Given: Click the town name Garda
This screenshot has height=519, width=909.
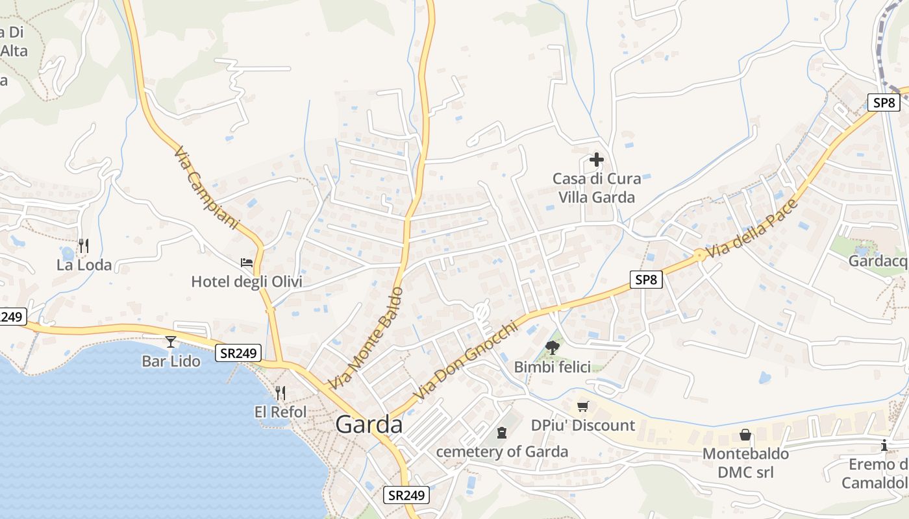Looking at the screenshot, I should coord(369,424).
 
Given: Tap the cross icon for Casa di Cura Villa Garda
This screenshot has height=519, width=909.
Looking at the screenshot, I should coord(596,159).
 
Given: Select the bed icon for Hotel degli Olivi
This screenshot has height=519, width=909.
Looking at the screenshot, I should coord(247,263).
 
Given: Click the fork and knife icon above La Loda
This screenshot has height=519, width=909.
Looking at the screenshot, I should coord(83,245).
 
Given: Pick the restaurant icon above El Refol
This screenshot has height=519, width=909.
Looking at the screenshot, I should coord(280,392).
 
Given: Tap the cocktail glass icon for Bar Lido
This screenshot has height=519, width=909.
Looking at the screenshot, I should coord(171,341).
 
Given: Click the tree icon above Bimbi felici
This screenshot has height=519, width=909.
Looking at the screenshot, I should coord(552,348).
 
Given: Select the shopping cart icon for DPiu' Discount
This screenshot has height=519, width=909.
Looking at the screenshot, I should coord(582,406).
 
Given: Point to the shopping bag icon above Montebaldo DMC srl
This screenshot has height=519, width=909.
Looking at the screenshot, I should coord(745,435).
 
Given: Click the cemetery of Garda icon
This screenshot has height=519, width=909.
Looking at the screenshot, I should coord(501,432).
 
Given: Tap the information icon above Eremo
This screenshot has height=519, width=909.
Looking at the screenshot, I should coord(884,446).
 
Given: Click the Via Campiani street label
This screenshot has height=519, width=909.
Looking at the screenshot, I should coord(206,188).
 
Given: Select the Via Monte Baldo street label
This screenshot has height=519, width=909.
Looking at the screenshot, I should coord(367,338).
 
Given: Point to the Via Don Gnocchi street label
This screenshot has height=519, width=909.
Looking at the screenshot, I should coord(467,361).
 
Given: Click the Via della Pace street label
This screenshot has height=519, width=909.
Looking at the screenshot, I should coord(751,229).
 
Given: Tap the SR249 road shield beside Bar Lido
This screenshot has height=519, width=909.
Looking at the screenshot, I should coord(238,353).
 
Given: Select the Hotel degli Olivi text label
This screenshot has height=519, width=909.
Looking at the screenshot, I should coord(247,282).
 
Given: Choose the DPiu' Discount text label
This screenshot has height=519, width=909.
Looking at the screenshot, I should coord(582,426).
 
